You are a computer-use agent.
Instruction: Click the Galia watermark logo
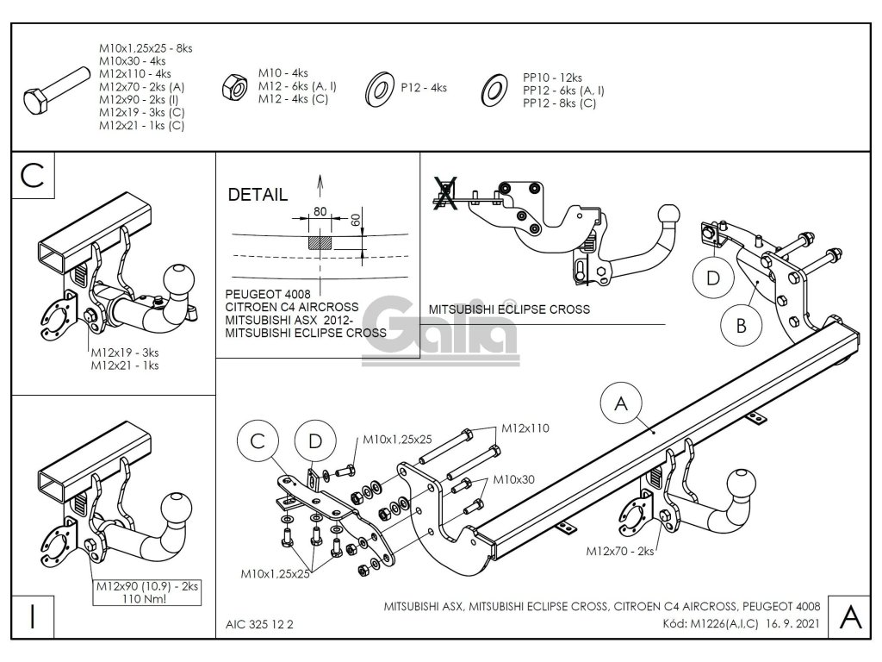[440, 327]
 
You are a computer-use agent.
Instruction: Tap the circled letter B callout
[741, 324]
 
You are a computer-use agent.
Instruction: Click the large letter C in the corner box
[31, 174]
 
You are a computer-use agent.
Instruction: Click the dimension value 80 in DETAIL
[320, 211]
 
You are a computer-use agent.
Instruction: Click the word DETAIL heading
[258, 195]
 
